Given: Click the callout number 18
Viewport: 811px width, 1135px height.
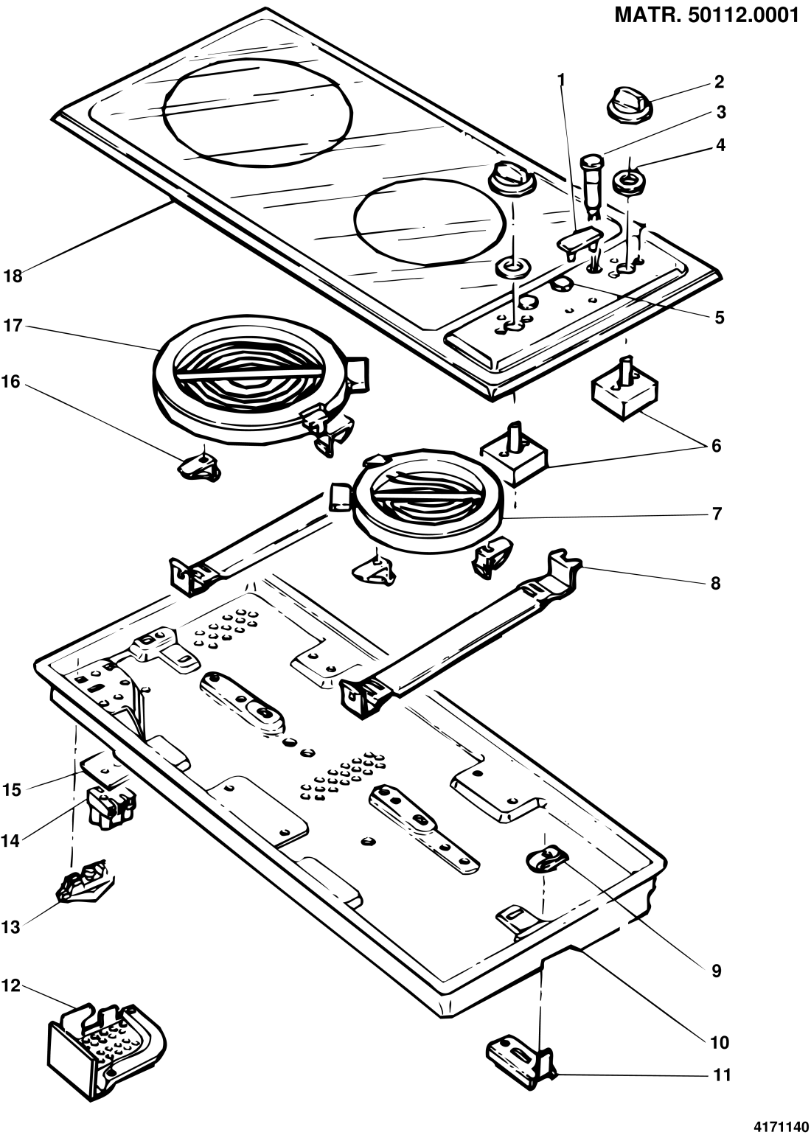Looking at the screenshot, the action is [x=13, y=276].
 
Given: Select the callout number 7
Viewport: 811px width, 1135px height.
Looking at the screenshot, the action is [x=717, y=513].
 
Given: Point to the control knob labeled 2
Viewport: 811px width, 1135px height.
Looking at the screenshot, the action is [x=629, y=104].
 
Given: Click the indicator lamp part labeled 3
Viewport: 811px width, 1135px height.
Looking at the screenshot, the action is [x=591, y=186].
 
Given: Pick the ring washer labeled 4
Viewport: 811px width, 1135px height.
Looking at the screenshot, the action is [x=628, y=182].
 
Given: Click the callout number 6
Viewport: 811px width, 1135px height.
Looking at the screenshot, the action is [x=716, y=446].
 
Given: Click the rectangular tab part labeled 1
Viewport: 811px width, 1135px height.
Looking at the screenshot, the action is [x=579, y=241].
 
